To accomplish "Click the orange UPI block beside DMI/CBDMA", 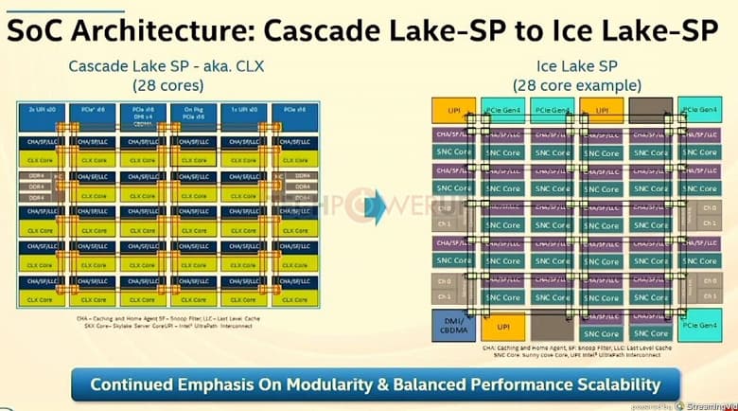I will coord(503,327).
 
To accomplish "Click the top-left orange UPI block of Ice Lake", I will coord(453,110).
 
